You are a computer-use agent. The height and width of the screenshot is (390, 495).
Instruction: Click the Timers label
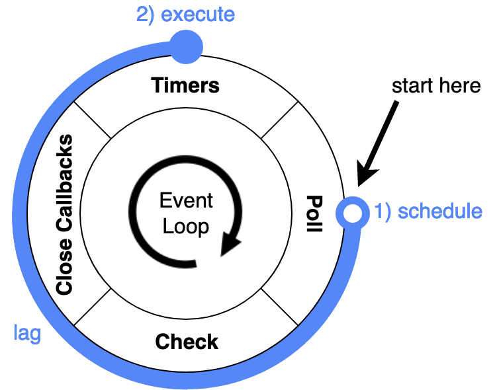(185, 86)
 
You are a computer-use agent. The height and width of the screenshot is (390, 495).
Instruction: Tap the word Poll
(314, 214)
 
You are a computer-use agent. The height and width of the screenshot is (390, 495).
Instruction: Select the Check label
(187, 342)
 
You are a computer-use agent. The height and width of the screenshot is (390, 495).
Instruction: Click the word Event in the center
(186, 201)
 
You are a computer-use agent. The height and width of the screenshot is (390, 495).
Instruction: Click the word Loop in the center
(186, 227)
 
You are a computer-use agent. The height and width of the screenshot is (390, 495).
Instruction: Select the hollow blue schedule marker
(352, 213)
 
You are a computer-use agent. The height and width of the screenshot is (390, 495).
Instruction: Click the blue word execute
(198, 15)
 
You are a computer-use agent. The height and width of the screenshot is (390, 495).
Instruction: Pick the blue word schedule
(441, 212)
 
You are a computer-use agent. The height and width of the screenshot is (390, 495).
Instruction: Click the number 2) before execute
(146, 15)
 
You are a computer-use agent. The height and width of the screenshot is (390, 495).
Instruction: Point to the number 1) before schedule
(384, 212)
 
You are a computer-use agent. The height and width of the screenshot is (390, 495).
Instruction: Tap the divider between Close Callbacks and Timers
(93, 121)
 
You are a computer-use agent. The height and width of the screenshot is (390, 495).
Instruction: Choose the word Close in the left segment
(64, 268)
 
